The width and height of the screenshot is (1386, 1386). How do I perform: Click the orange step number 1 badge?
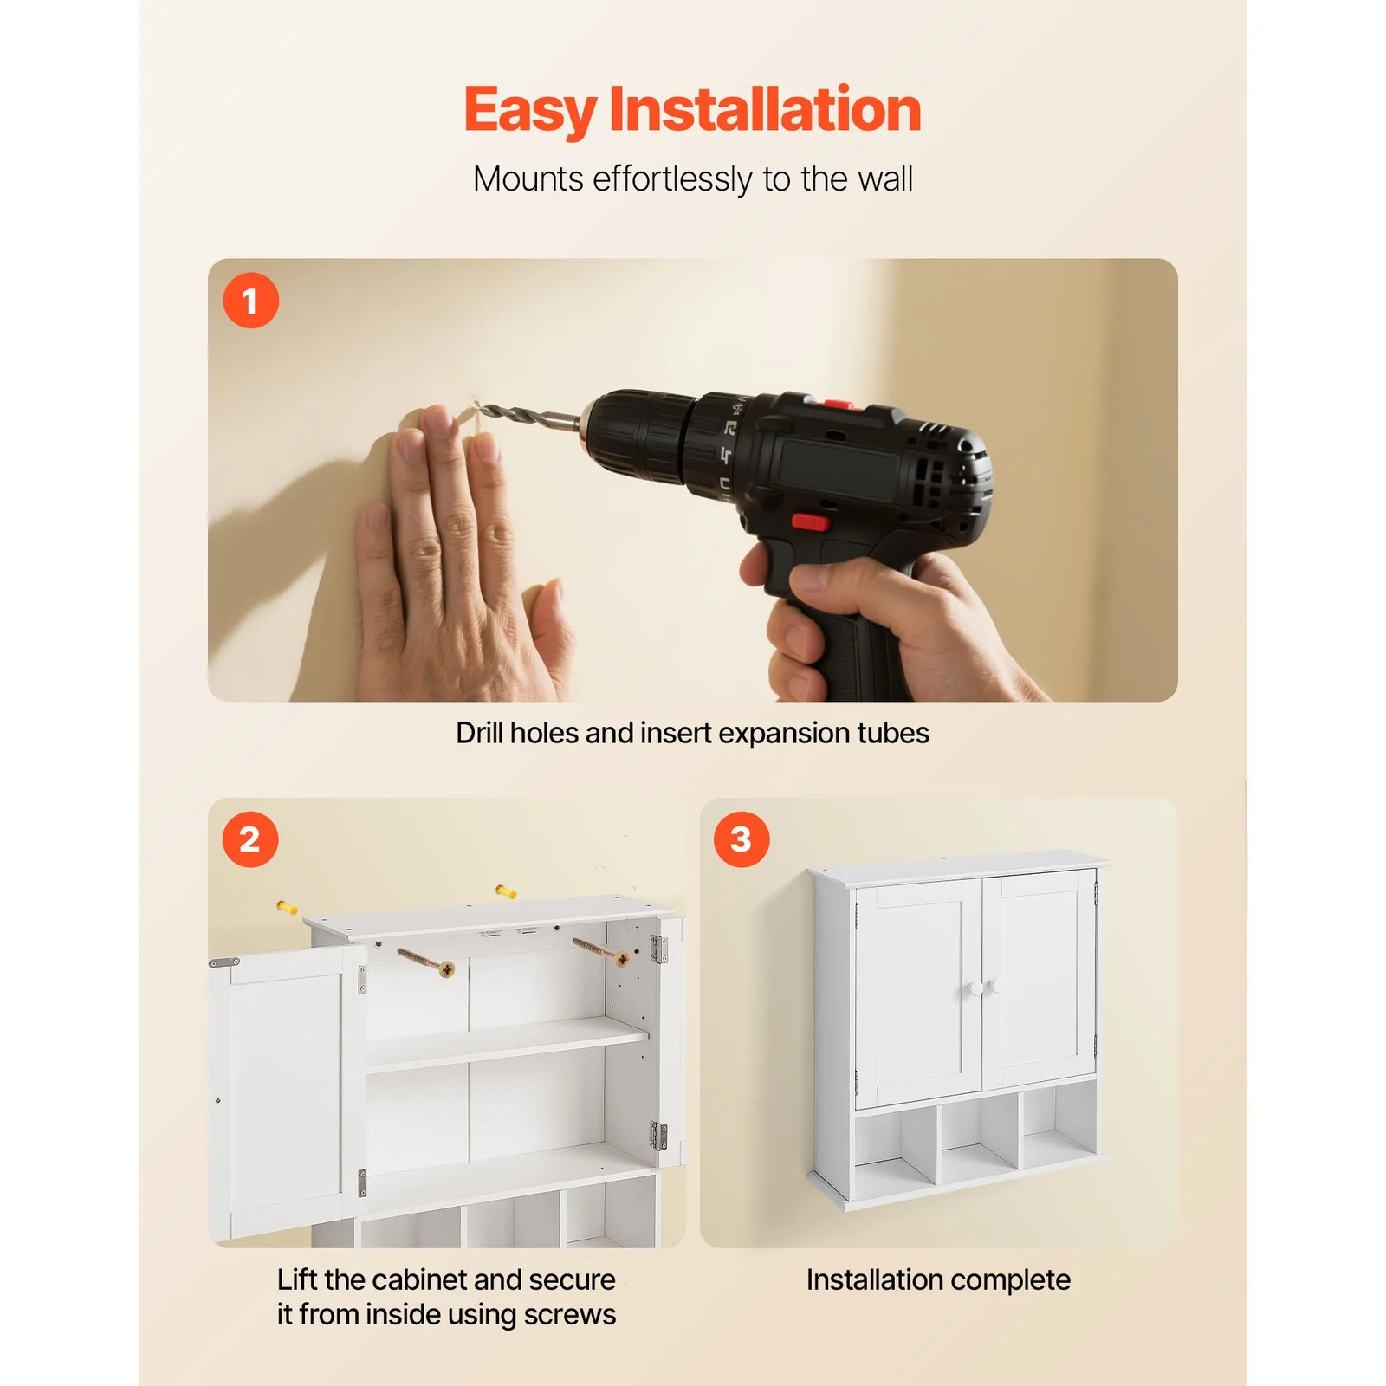click(250, 301)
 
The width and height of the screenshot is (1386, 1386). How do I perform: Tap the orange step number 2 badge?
click(250, 839)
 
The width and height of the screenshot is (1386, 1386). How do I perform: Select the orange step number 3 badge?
click(742, 839)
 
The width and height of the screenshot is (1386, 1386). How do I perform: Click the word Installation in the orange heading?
click(765, 109)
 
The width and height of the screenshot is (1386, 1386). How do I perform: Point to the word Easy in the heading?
click(530, 111)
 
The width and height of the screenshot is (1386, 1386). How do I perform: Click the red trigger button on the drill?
click(811, 521)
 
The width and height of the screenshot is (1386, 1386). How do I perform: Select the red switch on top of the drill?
click(837, 404)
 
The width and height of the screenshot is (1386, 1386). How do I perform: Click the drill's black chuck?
click(637, 437)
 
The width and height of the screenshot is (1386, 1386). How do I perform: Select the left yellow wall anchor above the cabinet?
click(287, 907)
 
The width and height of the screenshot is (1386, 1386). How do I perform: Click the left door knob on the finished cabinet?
click(975, 988)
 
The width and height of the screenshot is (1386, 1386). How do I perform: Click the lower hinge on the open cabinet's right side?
click(659, 1136)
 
